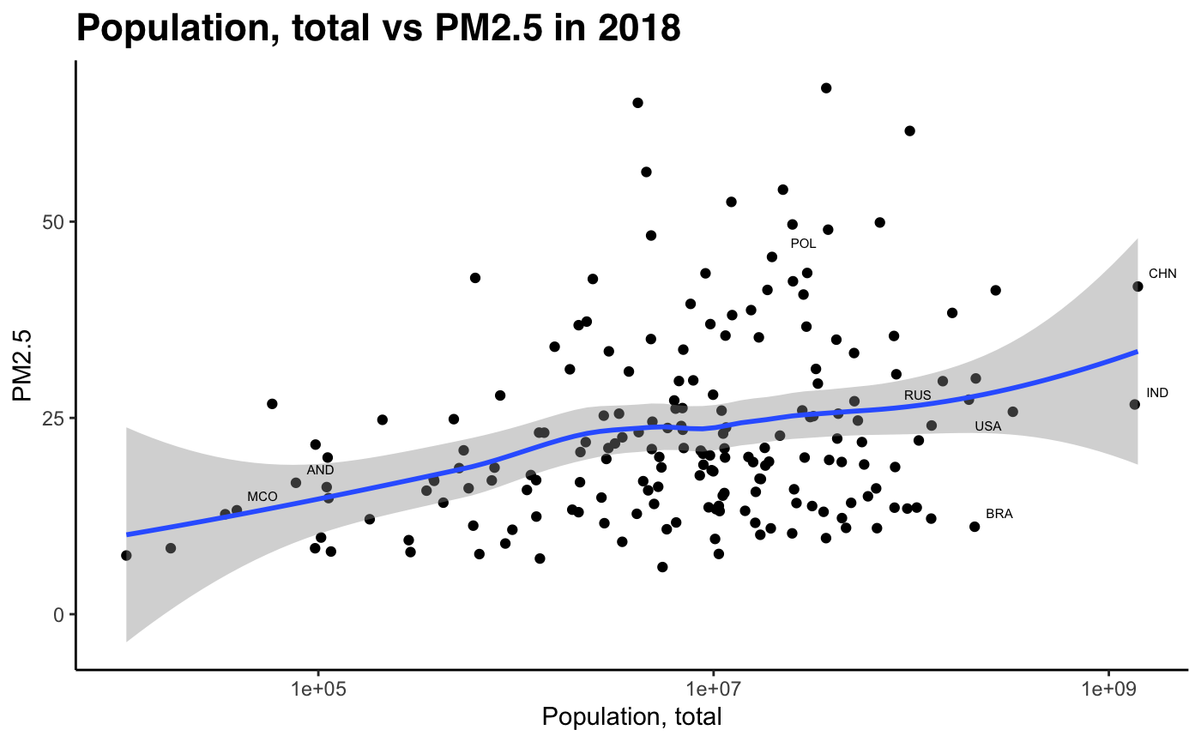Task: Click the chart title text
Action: [378, 29]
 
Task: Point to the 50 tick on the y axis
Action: [57, 221]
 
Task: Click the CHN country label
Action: [1162, 274]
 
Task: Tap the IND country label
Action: [1157, 393]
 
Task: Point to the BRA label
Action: [999, 514]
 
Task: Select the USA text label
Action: [988, 426]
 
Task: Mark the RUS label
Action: [918, 395]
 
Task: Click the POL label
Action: [803, 244]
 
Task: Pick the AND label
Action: [321, 470]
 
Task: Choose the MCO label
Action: [263, 497]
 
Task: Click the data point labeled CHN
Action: [1138, 287]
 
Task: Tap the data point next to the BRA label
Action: [975, 527]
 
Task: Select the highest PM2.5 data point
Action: [826, 88]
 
